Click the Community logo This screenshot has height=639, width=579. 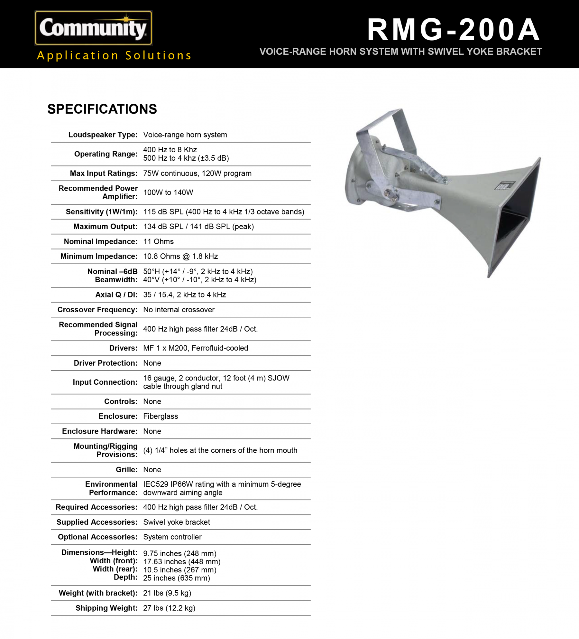93,28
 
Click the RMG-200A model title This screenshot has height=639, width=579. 454,30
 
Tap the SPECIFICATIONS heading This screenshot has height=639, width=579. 102,109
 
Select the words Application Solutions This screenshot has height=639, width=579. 114,55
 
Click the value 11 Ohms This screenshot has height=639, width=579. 158,241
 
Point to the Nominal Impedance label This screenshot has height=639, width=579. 101,241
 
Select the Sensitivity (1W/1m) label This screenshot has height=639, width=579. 101,212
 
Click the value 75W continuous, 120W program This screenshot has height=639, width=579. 197,174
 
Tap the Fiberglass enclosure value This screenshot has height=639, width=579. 161,416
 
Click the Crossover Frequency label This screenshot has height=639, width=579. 97,310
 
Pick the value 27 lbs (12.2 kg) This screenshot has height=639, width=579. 169,608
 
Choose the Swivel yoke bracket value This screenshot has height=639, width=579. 177,522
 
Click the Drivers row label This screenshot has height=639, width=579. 123,348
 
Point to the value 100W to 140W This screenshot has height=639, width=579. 168,193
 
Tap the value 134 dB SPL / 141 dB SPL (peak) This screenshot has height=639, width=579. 198,227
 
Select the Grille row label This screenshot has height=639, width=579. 126,470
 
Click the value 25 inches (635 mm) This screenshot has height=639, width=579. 177,578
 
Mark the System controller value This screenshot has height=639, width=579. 172,537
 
